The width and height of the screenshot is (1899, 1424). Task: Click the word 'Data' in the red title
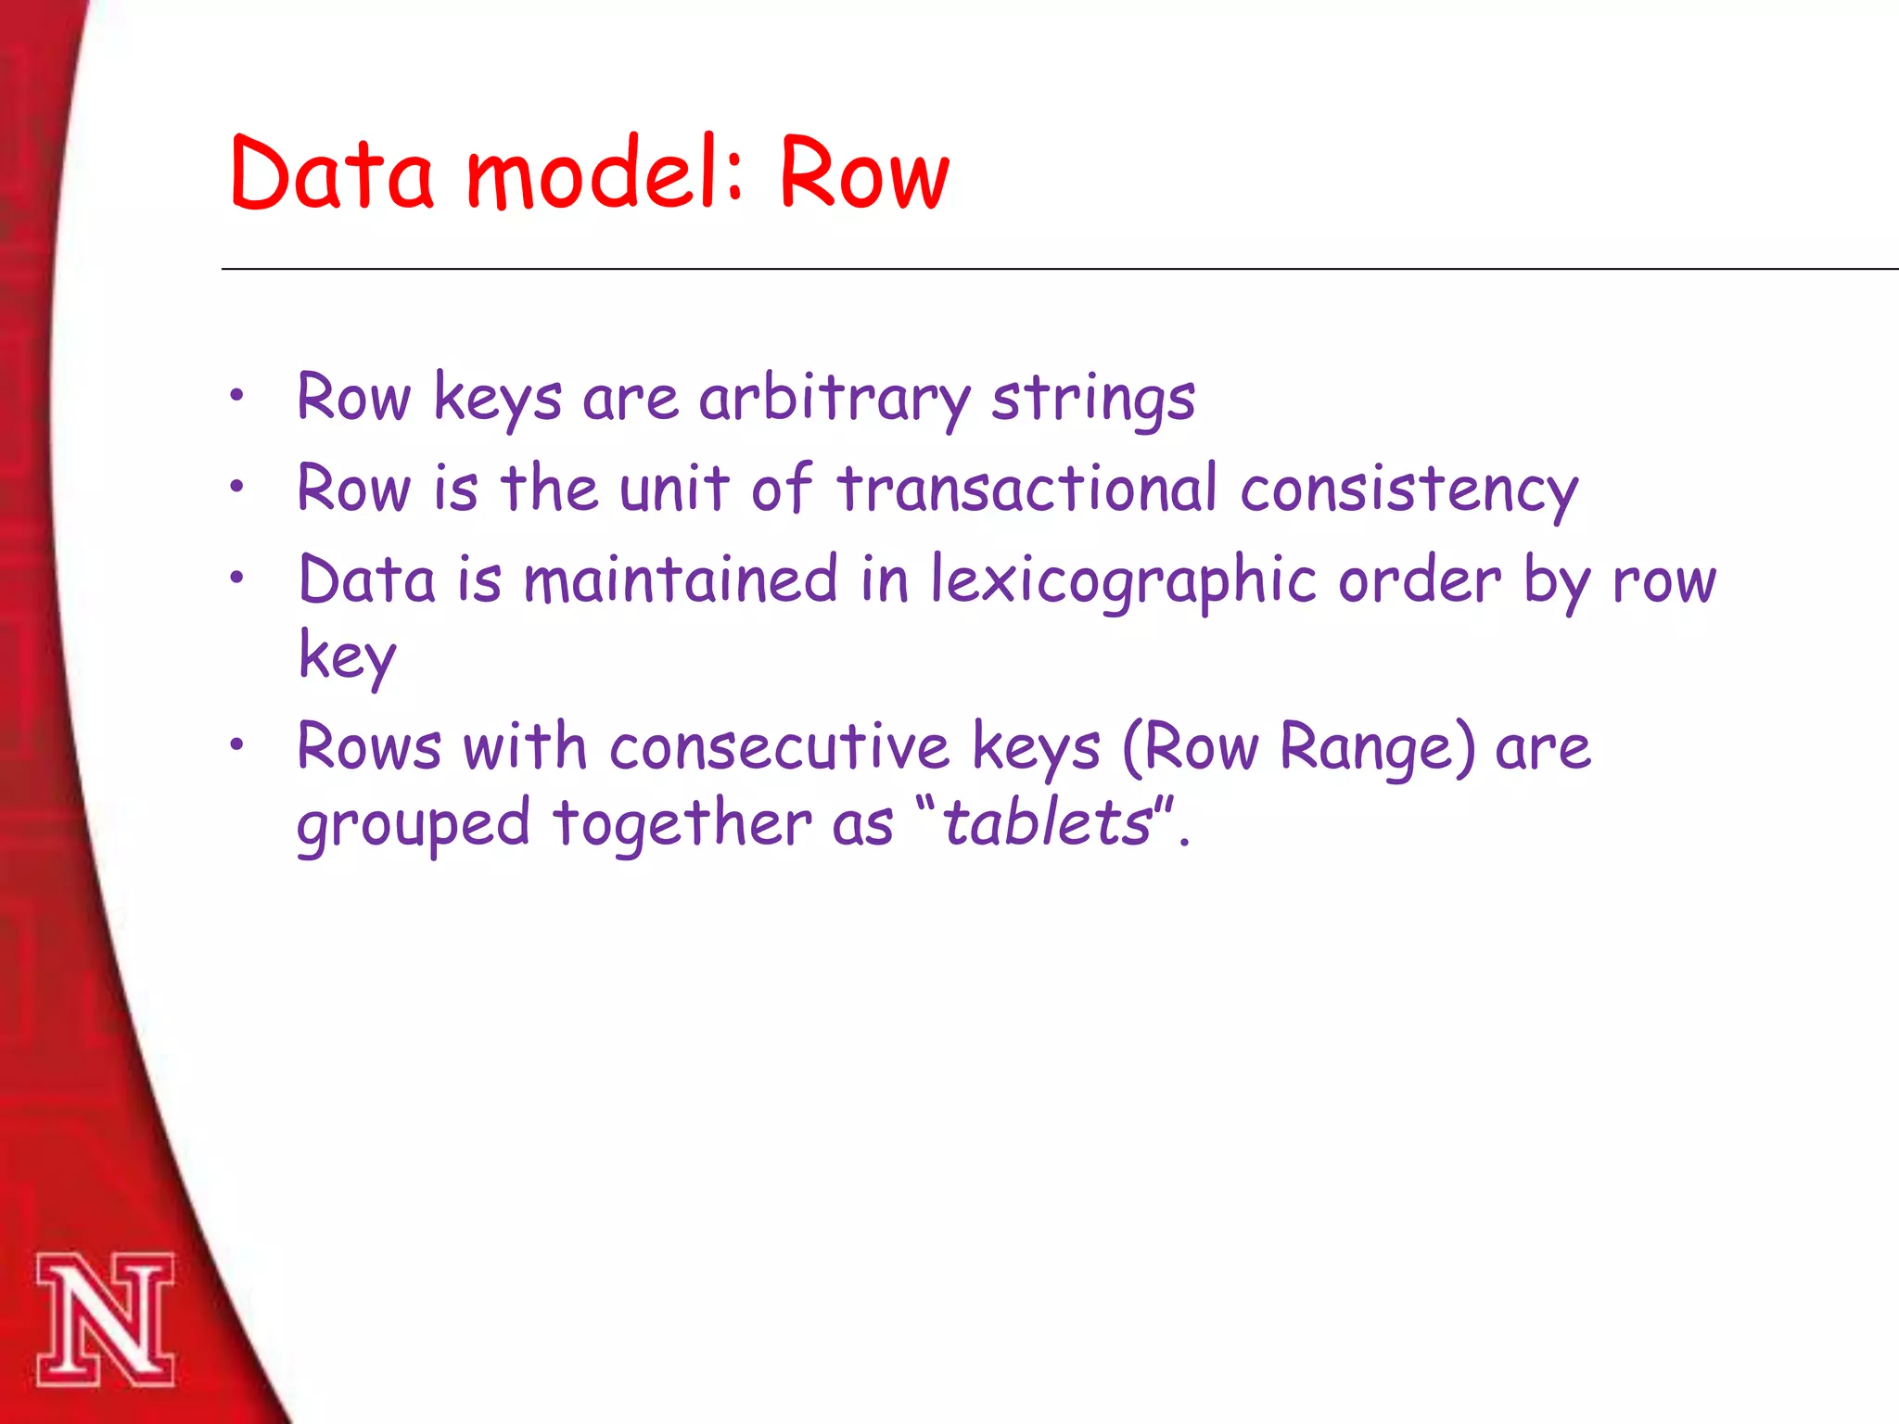click(x=331, y=174)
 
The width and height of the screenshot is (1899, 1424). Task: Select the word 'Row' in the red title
click(x=863, y=174)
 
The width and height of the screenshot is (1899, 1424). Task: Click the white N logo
click(x=105, y=1320)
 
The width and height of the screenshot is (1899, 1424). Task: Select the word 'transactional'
click(x=1026, y=489)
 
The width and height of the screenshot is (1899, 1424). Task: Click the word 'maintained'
click(x=681, y=580)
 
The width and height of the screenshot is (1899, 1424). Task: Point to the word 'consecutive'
click(x=779, y=747)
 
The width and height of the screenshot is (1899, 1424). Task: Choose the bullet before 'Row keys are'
click(x=237, y=396)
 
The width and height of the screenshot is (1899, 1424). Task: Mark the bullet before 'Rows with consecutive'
click(x=237, y=744)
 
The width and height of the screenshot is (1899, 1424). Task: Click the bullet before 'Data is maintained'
click(x=237, y=578)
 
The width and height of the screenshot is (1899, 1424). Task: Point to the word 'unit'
click(x=674, y=489)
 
